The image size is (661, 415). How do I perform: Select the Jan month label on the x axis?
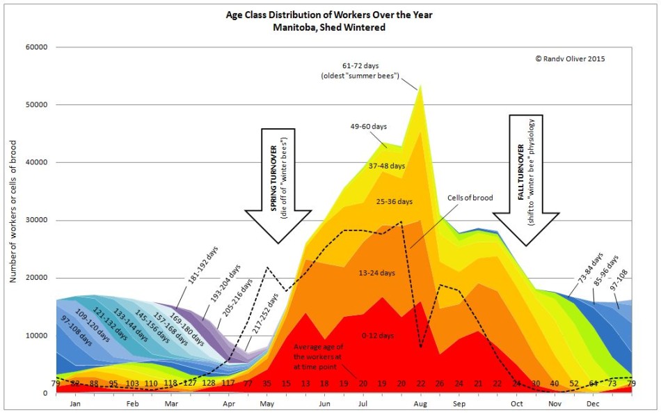coord(77,403)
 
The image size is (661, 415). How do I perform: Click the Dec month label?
coord(592,403)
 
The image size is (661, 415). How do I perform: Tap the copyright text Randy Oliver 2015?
coord(570,59)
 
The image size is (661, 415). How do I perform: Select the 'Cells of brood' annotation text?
coord(470,198)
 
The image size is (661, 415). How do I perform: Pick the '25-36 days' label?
coord(393,202)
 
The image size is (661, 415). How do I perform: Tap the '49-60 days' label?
coord(368,126)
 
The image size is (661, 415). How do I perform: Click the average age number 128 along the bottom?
coord(209,384)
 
